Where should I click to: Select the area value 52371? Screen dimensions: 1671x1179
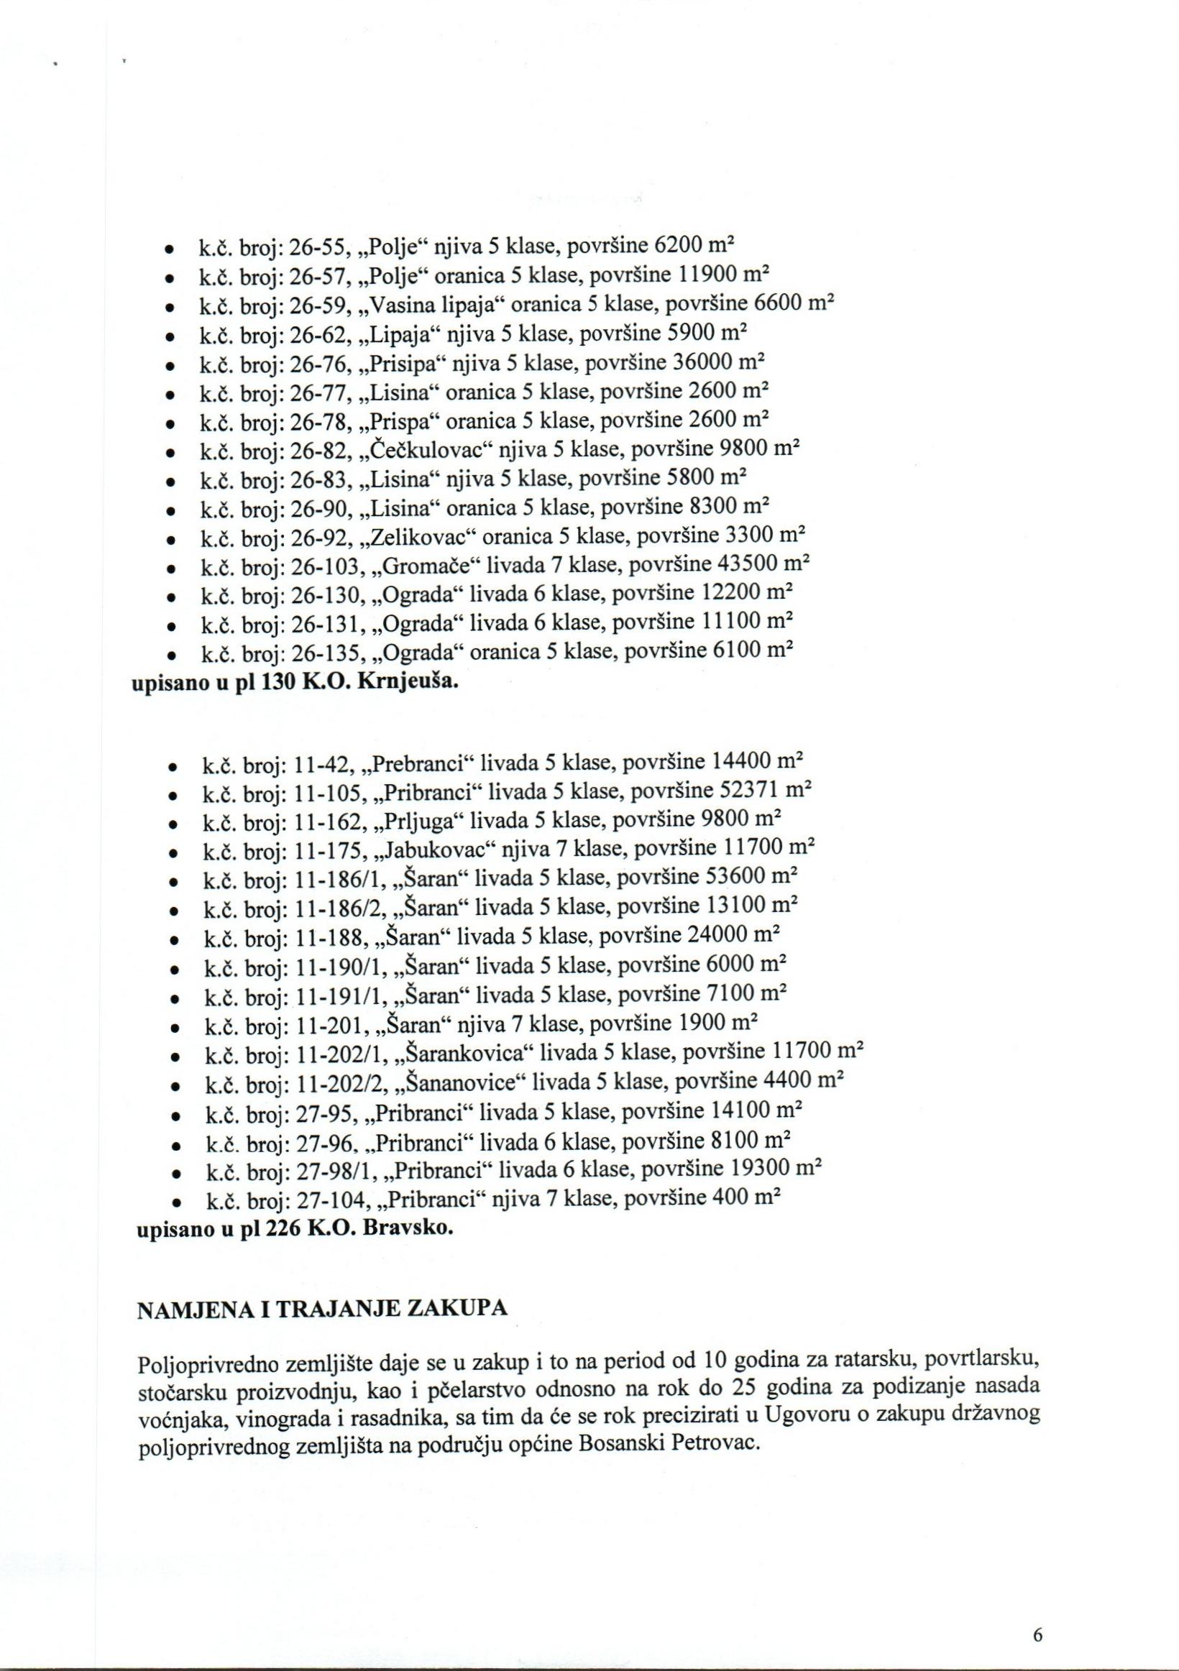coord(743,790)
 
